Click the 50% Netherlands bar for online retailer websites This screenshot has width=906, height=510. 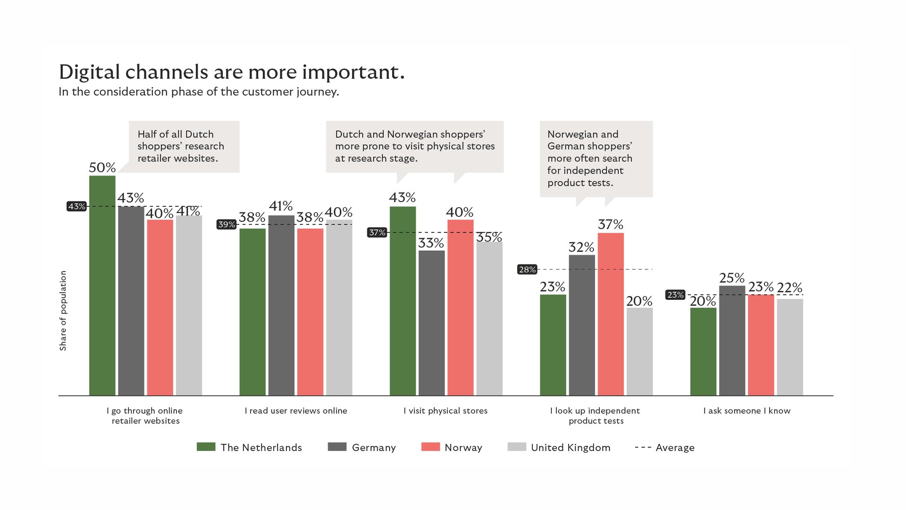pos(102,285)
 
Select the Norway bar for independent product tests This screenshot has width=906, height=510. pos(611,314)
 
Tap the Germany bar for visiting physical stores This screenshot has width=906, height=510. pos(431,323)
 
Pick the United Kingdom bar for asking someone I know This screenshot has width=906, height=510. pos(790,347)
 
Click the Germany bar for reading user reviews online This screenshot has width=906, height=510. pos(281,305)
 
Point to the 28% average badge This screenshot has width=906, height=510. pos(527,270)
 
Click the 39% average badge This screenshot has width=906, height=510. pos(226,224)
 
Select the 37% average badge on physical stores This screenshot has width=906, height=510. pos(377,232)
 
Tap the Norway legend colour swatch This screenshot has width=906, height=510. pos(430,447)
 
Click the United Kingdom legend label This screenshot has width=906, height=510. pos(570,448)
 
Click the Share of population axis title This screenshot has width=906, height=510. pos(63,310)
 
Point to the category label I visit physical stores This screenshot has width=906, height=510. pos(445,411)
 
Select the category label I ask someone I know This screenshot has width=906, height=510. pos(747,411)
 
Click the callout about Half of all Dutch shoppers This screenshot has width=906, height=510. pos(184,146)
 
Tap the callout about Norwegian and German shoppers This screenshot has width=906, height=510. pos(596,158)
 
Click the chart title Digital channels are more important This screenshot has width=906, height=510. pos(232,72)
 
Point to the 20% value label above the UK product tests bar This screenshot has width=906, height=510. pos(639,301)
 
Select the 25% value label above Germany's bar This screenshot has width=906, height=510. pos(731,278)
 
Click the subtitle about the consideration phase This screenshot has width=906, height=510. pos(199,92)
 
